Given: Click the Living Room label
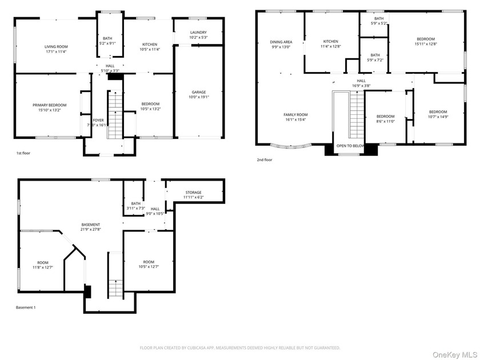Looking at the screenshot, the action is tap(56, 47).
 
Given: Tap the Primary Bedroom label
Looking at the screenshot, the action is tap(50, 105).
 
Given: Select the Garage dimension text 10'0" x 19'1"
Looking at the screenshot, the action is tap(199, 97).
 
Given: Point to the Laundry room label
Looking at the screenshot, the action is tap(198, 33).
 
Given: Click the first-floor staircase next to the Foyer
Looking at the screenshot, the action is tap(115, 114).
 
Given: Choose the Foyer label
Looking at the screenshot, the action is tap(98, 121).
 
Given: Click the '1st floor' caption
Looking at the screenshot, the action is tap(23, 153).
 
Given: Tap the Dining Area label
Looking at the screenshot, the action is tap(281, 42).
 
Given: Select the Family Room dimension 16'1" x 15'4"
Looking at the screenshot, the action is tap(295, 119).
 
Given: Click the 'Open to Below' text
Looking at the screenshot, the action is tap(350, 146).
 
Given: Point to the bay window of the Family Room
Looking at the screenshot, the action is tap(290, 146).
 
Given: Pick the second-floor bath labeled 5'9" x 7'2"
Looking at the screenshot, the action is tap(375, 58).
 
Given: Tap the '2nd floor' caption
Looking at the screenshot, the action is tap(265, 160).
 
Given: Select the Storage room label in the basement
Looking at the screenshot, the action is tap(194, 193).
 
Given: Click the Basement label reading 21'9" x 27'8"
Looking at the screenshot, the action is tap(91, 229).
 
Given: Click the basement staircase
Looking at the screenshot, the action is tap(115, 275).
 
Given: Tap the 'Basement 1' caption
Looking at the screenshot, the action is tap(26, 307).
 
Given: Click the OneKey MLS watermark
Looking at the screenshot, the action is tap(455, 355).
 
